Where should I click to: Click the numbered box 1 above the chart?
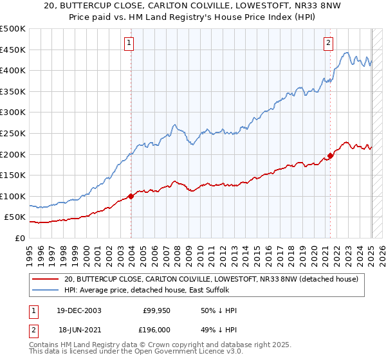click(129, 43)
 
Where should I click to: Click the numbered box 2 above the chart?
click(328, 43)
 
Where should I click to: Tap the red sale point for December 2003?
click(131, 196)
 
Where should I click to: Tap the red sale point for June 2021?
click(330, 156)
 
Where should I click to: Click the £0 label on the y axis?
click(20, 238)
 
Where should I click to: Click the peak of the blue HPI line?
click(347, 53)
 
